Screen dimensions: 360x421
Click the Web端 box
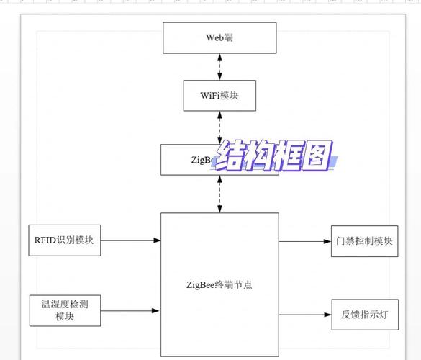tap(219, 38)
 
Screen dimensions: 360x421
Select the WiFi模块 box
tap(219, 95)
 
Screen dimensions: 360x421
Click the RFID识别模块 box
tap(64, 240)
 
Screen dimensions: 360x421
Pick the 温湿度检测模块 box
tap(64, 311)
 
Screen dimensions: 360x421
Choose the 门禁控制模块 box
tap(365, 241)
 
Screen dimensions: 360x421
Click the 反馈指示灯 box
tap(365, 315)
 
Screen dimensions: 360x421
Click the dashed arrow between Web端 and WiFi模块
tap(219, 67)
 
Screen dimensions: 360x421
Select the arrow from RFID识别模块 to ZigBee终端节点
tap(130, 240)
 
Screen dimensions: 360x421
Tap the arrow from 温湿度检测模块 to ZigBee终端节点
tap(130, 311)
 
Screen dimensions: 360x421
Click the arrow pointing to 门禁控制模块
tap(305, 241)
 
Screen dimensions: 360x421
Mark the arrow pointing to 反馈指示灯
tap(305, 315)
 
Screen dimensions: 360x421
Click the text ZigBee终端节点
tap(219, 284)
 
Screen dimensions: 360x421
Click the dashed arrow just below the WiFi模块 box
tap(219, 127)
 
